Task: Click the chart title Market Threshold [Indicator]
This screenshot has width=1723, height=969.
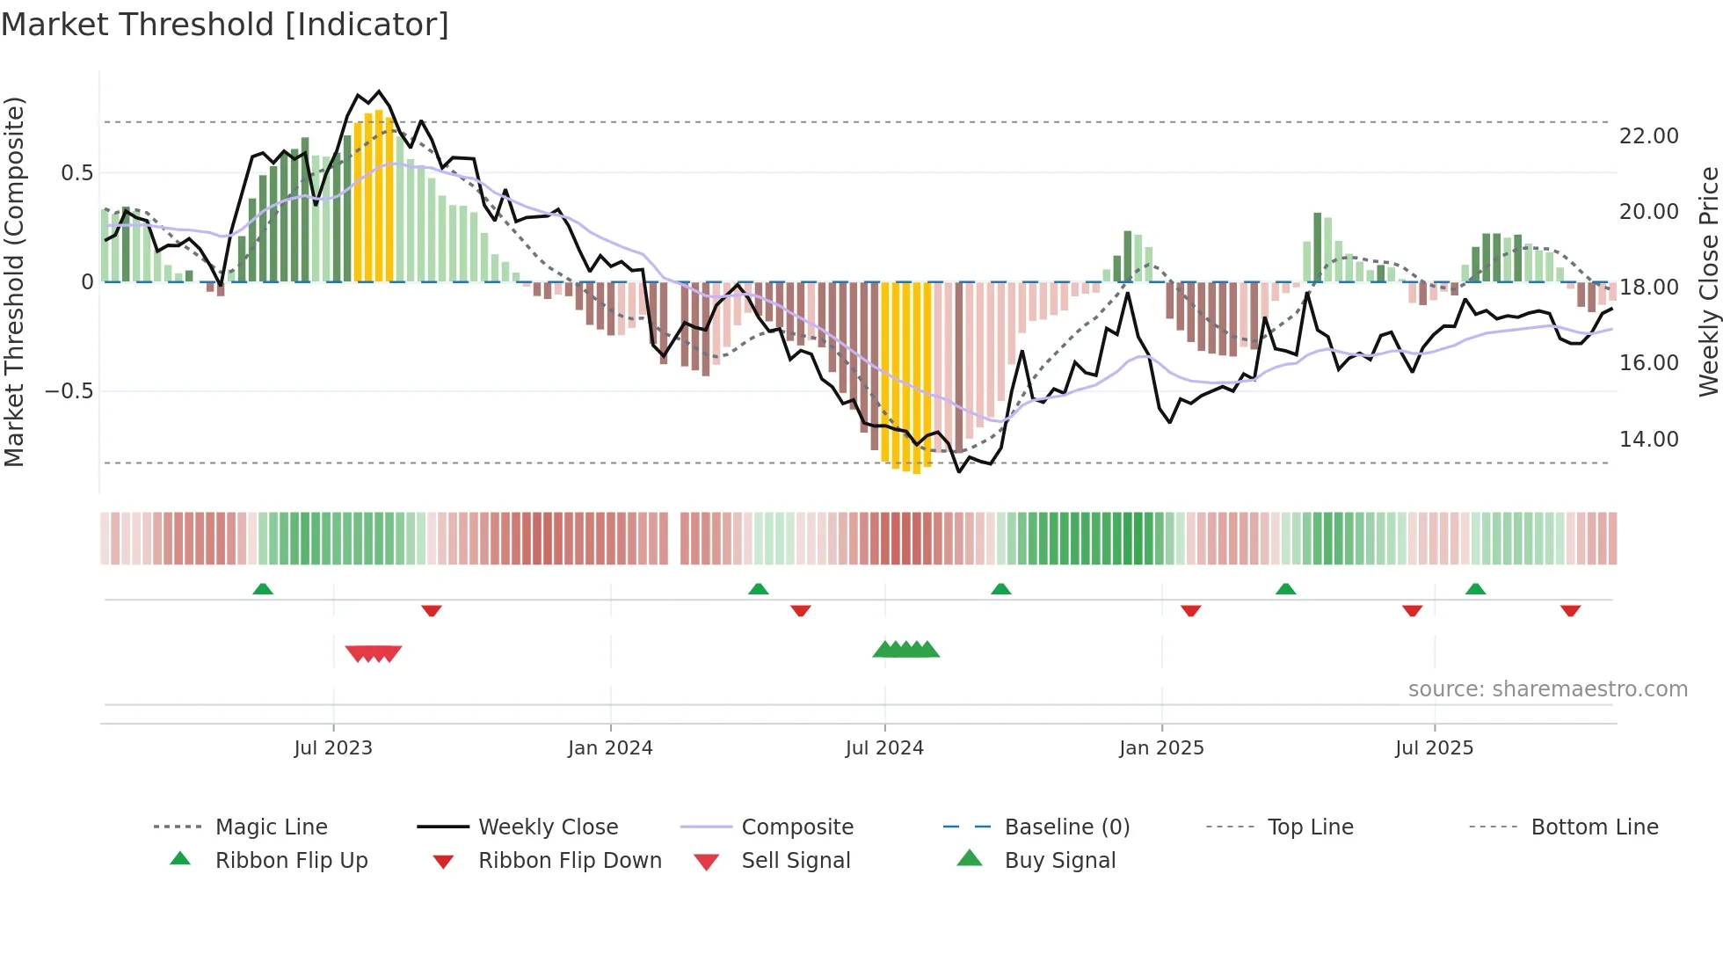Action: (225, 25)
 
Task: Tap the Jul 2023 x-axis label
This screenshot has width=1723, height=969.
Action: (333, 748)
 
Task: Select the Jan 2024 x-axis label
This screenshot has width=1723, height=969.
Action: (610, 748)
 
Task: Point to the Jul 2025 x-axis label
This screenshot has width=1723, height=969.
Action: (1434, 748)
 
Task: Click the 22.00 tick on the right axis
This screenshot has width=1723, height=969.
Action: (1648, 136)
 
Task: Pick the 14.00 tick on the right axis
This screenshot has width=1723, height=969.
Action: (1648, 439)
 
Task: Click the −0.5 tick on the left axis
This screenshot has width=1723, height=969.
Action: (69, 390)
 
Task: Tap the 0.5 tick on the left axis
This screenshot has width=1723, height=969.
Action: (77, 173)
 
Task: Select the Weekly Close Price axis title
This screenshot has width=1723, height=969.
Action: (1708, 281)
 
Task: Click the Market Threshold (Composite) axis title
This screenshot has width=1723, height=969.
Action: (14, 281)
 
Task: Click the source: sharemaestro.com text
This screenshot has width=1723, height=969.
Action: (1547, 689)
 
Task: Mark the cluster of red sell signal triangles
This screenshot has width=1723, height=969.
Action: (374, 653)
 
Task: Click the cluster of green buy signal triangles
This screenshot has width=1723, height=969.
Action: (906, 650)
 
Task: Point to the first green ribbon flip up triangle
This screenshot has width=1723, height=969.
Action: (263, 589)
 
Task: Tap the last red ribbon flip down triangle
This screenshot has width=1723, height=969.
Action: (1570, 610)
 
